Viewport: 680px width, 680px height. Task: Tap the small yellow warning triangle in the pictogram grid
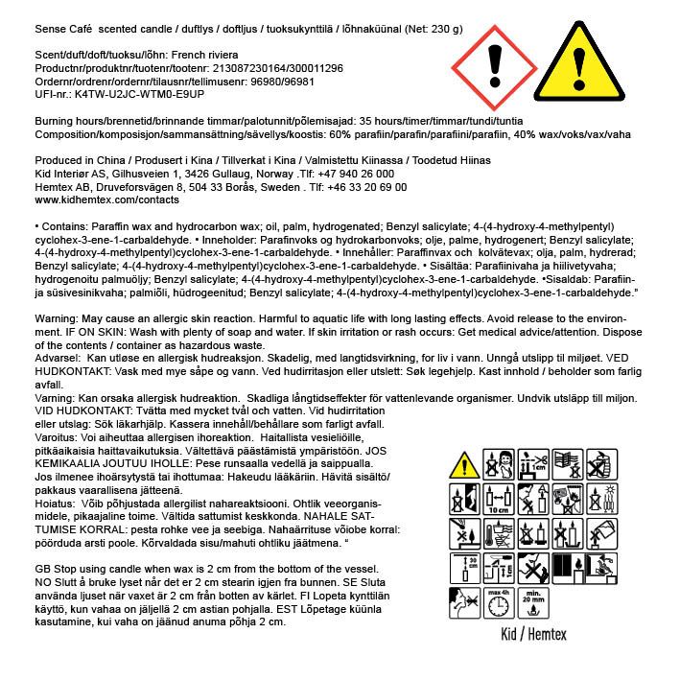point(465,465)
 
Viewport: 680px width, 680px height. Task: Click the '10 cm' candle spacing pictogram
point(497,500)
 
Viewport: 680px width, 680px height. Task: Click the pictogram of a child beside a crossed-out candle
point(497,465)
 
